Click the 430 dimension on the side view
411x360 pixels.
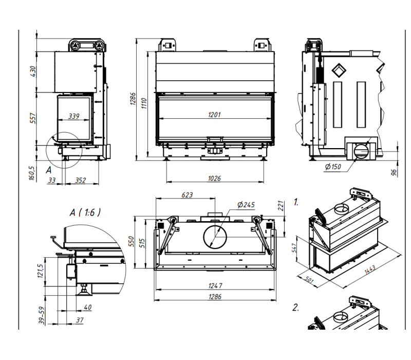[33, 71]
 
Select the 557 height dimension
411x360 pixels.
[33, 118]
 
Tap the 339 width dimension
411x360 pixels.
[73, 116]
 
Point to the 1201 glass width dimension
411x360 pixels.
[214, 115]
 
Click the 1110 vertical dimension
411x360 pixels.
[144, 104]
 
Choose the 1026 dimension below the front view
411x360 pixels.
[214, 178]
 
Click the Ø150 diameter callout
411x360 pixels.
[333, 167]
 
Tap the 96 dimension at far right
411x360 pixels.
[394, 173]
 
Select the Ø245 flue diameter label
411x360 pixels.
[246, 205]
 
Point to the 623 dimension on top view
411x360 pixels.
[187, 195]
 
